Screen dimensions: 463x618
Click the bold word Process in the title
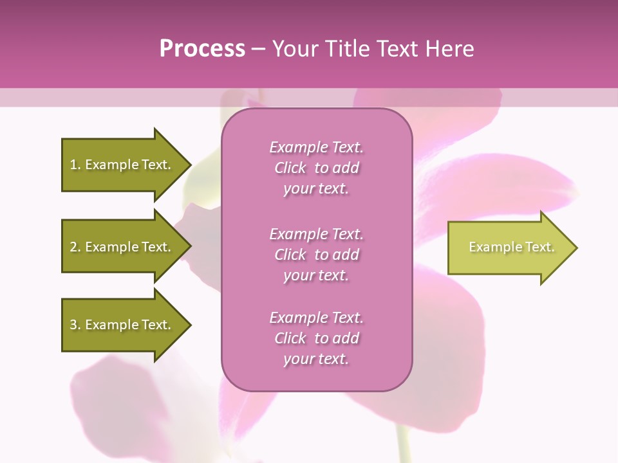pyautogui.click(x=202, y=49)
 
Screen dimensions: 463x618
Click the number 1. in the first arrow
pyautogui.click(x=75, y=165)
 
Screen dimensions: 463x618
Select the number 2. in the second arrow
pyautogui.click(x=75, y=247)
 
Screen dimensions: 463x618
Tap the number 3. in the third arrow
pyautogui.click(x=75, y=325)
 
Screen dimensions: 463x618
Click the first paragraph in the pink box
pyautogui.click(x=316, y=168)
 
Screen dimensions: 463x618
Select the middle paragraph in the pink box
pyautogui.click(x=316, y=255)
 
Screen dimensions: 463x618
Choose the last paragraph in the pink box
pyautogui.click(x=316, y=338)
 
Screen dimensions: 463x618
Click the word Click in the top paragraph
pyautogui.click(x=290, y=168)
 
